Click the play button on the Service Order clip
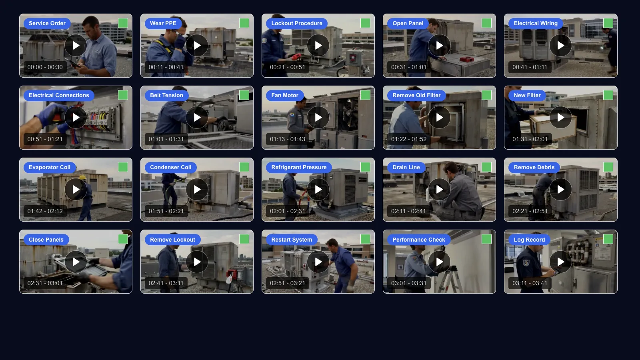click(76, 46)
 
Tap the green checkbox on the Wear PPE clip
click(244, 23)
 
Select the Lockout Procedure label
click(296, 23)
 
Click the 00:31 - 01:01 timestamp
click(408, 67)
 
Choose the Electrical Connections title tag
click(59, 95)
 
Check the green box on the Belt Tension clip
click(244, 95)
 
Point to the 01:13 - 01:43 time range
click(287, 139)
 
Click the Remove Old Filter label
click(416, 95)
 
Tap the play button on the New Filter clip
click(560, 118)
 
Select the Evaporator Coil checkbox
click(123, 167)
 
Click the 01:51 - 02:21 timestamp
click(166, 211)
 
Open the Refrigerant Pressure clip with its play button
click(318, 190)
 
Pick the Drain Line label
click(406, 167)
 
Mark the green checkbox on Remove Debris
click(608, 167)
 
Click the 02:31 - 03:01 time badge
click(45, 283)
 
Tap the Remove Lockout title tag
click(172, 240)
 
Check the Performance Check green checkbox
click(486, 239)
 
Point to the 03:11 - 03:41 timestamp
click(530, 283)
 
